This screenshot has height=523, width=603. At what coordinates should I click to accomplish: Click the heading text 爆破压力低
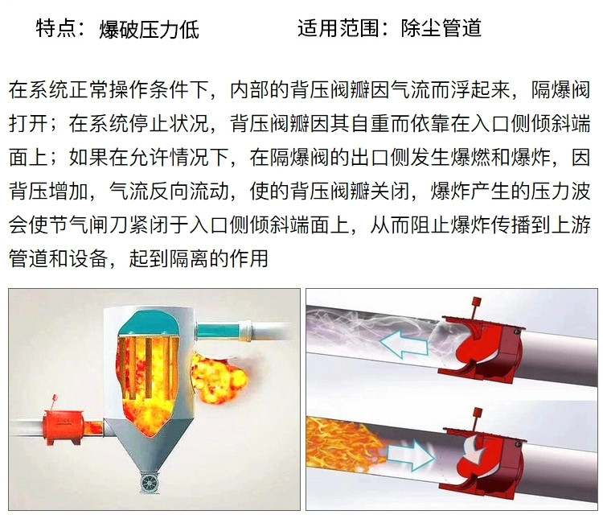[150, 29]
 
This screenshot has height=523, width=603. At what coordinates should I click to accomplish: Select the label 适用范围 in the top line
[338, 28]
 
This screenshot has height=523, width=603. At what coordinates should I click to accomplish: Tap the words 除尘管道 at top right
[441, 28]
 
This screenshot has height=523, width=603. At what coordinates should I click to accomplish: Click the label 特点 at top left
[55, 28]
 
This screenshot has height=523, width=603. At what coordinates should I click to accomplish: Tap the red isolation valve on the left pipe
[64, 426]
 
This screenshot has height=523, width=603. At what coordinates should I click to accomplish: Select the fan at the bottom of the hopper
[149, 482]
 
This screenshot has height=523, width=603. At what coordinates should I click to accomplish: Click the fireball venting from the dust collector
[219, 378]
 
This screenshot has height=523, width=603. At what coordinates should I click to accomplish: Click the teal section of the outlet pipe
[218, 330]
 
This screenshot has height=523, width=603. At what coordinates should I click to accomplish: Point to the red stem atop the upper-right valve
[476, 307]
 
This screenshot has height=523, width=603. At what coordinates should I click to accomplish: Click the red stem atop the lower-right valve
[478, 418]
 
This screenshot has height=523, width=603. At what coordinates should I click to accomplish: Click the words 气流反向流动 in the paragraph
[169, 191]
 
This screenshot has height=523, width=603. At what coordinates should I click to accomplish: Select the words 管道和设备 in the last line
[59, 257]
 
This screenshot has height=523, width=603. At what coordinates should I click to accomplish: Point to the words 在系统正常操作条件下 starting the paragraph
[109, 90]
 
